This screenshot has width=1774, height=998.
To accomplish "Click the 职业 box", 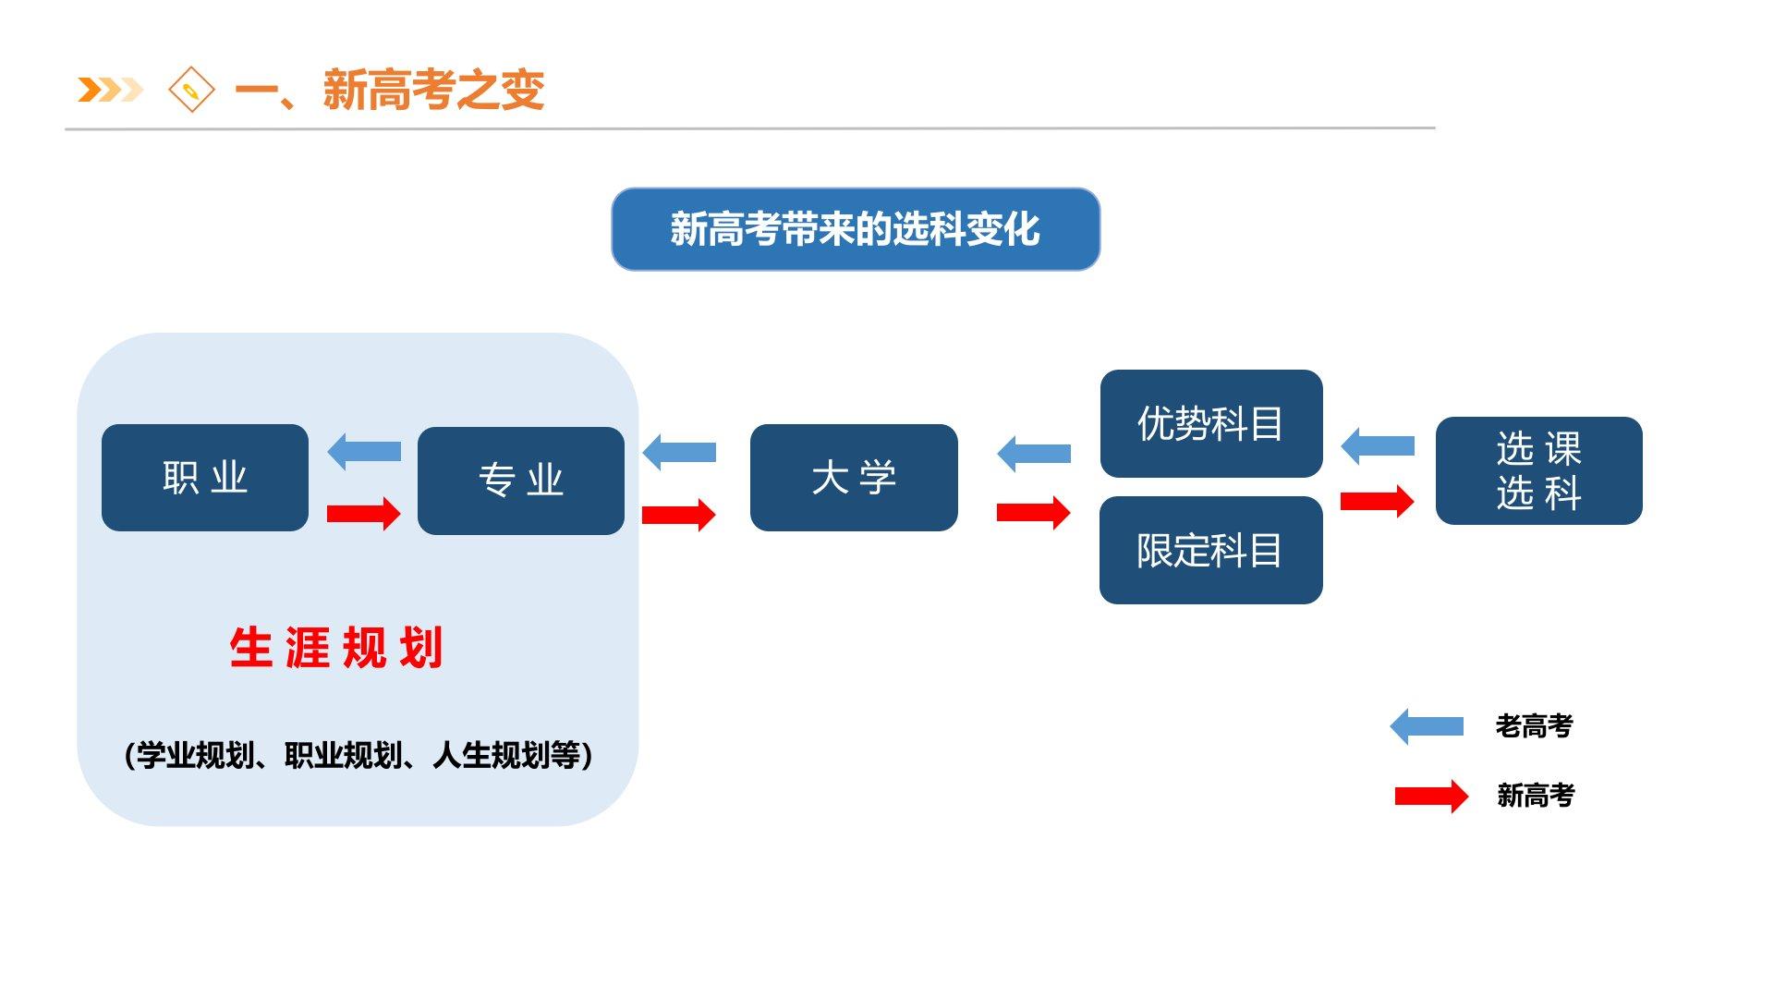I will click(x=204, y=478).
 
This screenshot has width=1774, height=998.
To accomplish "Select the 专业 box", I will click(x=520, y=481).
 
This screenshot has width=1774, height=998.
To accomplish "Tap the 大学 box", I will click(x=854, y=478).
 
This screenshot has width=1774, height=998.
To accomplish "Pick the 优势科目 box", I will click(x=1210, y=423).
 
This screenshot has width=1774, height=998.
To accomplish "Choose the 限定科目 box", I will click(x=1210, y=550).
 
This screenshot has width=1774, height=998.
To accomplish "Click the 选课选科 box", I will click(x=1538, y=470).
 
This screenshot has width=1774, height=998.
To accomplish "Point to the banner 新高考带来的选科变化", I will click(x=855, y=229).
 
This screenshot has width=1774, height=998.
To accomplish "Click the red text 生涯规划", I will click(x=336, y=647).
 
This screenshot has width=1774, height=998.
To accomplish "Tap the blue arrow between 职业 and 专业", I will click(x=364, y=451).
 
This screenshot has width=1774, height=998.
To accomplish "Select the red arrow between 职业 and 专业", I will click(x=364, y=513).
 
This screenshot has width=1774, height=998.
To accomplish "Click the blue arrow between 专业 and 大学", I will click(x=679, y=452).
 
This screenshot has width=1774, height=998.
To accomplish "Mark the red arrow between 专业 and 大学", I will click(x=679, y=515).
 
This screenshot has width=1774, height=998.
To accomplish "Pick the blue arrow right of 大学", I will click(x=1034, y=454).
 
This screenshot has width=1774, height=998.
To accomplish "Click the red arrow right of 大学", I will click(x=1034, y=512).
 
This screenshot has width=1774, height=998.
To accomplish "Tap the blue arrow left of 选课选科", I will click(x=1378, y=446).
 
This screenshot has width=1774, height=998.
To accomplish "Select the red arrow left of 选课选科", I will click(x=1378, y=501).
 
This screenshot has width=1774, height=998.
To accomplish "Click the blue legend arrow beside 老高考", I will click(x=1427, y=726).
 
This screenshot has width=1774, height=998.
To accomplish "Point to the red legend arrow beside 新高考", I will click(x=1431, y=796).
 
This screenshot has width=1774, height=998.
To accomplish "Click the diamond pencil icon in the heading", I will click(x=191, y=90).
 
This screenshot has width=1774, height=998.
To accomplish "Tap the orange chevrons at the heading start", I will click(x=110, y=90).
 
